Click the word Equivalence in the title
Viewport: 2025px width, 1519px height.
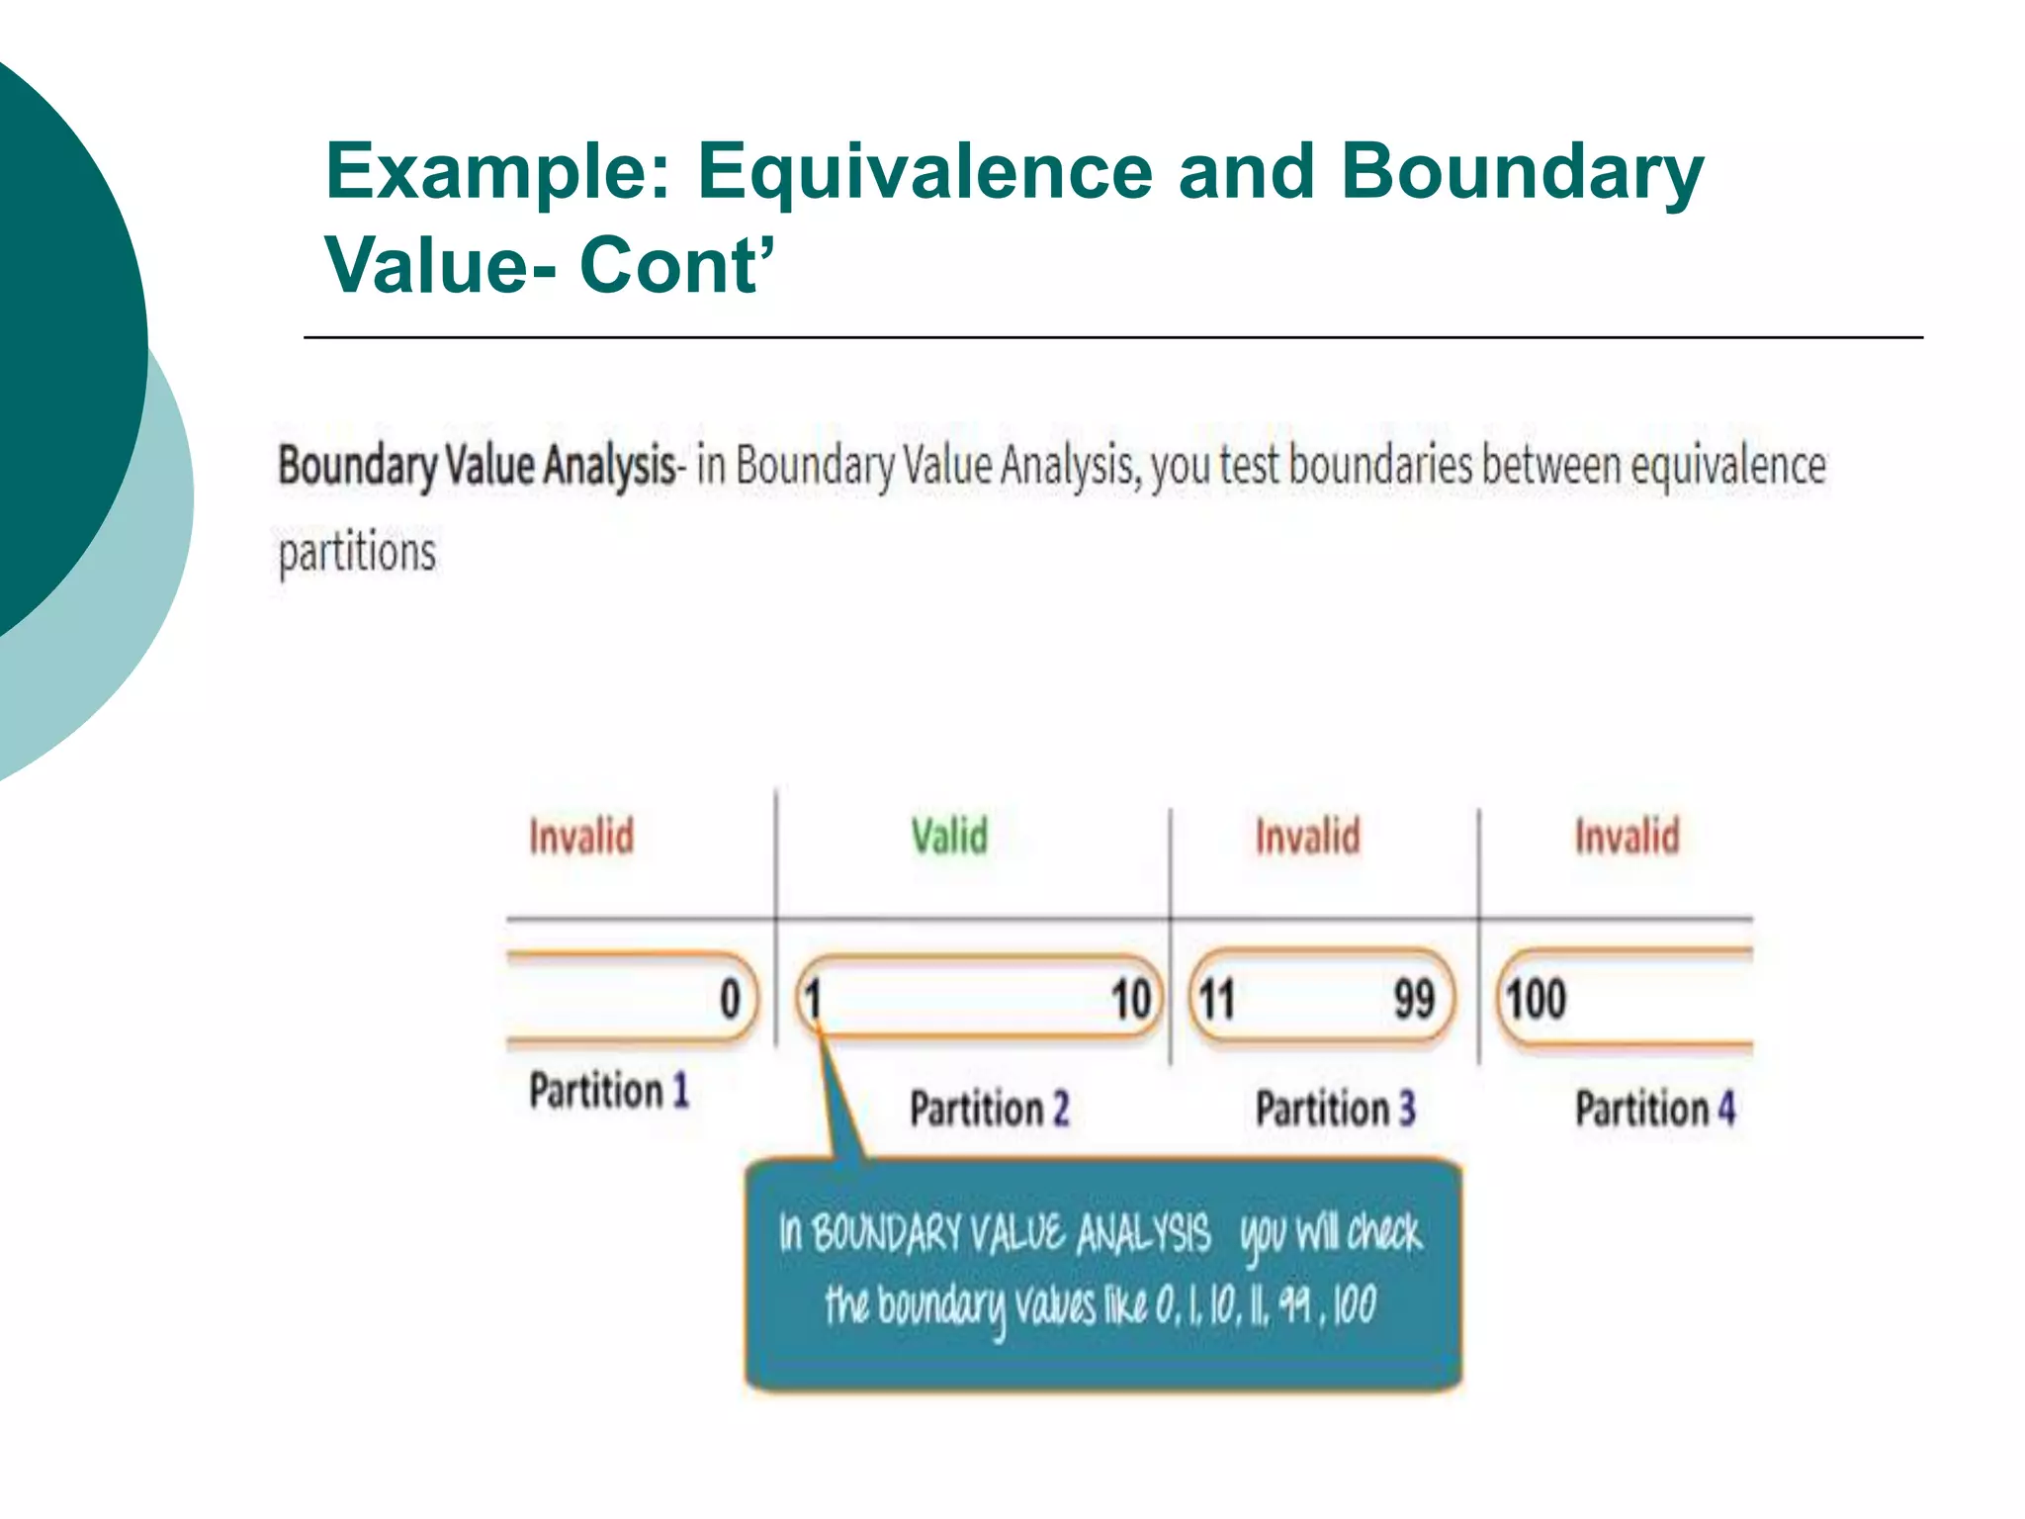(925, 172)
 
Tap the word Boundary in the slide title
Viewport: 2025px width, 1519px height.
(1522, 172)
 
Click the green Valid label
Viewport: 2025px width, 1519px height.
(949, 837)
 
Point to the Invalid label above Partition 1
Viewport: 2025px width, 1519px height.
(581, 837)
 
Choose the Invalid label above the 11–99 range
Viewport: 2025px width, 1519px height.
(1307, 837)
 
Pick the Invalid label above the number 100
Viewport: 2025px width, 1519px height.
(1627, 837)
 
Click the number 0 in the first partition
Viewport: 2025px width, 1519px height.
(730, 999)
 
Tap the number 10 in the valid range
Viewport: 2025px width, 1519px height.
(1131, 999)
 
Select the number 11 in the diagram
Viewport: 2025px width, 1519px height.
(1216, 999)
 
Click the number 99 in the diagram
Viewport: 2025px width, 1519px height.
(1414, 999)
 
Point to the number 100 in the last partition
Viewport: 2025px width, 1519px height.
(1536, 999)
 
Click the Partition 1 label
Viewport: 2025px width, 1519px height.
(608, 1091)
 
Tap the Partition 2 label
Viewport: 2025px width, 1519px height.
(989, 1109)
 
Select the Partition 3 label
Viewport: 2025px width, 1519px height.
(1335, 1109)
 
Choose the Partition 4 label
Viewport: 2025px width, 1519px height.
(1654, 1109)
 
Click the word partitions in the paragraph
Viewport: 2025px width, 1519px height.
(357, 553)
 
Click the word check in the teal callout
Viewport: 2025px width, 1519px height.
(1384, 1233)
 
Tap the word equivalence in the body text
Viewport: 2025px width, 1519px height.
(1727, 466)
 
